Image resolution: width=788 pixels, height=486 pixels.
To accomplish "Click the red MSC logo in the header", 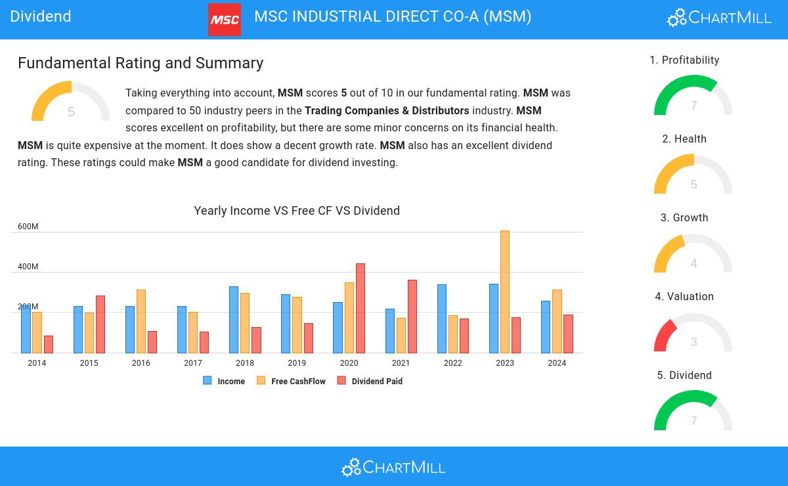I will click(224, 20).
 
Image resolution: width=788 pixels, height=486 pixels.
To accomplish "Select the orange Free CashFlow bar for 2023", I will click(505, 292).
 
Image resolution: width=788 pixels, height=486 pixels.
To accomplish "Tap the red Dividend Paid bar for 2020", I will click(361, 308).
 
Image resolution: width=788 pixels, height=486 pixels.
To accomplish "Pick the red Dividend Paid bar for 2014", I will click(49, 344).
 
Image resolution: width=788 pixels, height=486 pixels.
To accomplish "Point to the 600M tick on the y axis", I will click(28, 227).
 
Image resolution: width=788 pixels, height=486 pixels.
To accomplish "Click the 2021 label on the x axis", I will click(401, 363).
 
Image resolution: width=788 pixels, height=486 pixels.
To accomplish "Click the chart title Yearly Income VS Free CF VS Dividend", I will click(297, 211).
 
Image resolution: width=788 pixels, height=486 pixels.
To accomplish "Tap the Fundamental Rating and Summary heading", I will click(141, 63).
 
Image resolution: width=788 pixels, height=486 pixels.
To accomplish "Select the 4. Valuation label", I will click(684, 297).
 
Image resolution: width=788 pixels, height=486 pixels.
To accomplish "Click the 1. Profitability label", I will click(684, 60).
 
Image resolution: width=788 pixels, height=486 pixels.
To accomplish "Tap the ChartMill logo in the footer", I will click(393, 467).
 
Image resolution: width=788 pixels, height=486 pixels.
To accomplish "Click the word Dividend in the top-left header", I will click(41, 16).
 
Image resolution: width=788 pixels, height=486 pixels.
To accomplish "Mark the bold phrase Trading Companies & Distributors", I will click(387, 110).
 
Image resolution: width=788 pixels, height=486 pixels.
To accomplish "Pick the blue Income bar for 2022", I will click(442, 319).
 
